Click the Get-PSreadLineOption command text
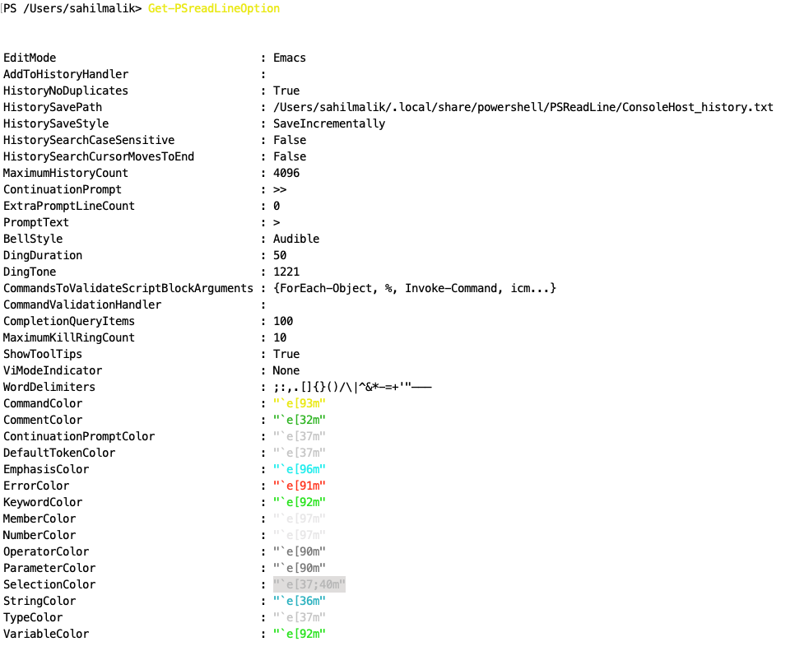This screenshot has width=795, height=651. pos(214,8)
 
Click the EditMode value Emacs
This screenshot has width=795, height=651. pos(290,58)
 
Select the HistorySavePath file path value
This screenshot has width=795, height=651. pos(523,107)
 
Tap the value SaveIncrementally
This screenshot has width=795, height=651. pos(329,123)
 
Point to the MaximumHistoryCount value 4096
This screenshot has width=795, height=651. pos(286,173)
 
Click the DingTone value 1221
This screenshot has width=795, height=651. pos(286,272)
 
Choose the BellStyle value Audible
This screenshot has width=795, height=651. pos(296,239)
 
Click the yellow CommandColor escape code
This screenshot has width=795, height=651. pos(300,403)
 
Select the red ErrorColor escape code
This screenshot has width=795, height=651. pos(300,486)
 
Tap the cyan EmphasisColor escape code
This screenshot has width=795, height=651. pos(300,469)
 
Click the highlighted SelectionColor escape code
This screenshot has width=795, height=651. pos(309,584)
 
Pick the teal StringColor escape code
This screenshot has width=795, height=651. pos(300,601)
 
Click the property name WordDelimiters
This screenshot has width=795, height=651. pos(49,387)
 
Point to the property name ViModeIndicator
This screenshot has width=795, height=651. pos(53,370)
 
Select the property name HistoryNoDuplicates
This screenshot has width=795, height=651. pos(66,91)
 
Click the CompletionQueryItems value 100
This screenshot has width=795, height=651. pos(283,321)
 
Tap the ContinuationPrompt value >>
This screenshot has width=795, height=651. pos(280,189)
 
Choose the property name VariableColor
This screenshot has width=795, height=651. pos(46,634)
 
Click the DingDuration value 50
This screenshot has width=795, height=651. pos(280,255)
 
